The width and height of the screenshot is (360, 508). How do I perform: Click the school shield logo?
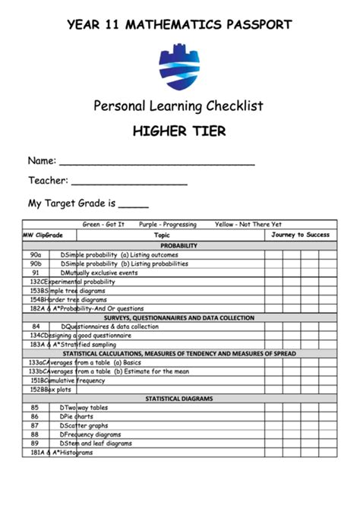click(x=180, y=67)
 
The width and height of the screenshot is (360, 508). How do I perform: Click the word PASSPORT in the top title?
click(x=254, y=24)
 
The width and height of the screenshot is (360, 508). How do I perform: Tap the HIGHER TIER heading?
click(x=179, y=131)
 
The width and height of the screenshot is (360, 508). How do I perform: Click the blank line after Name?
click(x=156, y=162)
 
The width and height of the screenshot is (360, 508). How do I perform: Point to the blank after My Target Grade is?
click(x=134, y=205)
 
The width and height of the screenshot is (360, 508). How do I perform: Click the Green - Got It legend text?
click(x=103, y=225)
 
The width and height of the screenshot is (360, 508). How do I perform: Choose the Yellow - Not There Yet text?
click(x=248, y=225)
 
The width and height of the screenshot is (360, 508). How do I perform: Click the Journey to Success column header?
click(x=301, y=235)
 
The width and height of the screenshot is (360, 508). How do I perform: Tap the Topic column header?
click(x=163, y=235)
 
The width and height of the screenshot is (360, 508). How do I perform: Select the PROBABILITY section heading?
click(x=179, y=246)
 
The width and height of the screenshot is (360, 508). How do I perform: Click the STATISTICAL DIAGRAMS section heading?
click(x=179, y=399)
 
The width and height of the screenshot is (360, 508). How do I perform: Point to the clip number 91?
click(x=36, y=273)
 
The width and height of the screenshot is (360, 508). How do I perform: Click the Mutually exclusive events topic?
click(x=103, y=273)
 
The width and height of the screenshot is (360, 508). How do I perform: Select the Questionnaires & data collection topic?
click(x=114, y=327)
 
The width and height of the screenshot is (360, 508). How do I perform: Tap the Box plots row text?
click(x=59, y=390)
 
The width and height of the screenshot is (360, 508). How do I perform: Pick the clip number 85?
click(x=35, y=408)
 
